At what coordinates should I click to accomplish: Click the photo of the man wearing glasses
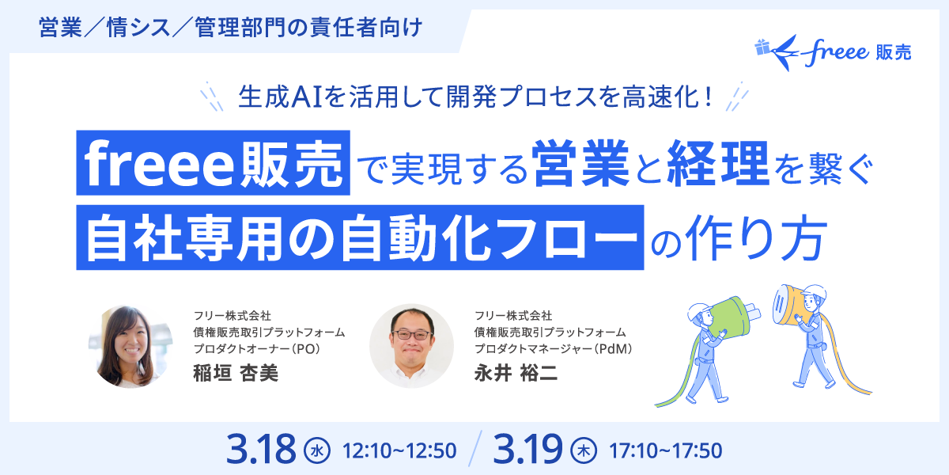point(411,347)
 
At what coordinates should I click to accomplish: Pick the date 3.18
point(260,450)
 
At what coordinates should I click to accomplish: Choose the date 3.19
point(527,450)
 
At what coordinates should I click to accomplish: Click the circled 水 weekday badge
point(316,451)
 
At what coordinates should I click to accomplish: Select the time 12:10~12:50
point(399,451)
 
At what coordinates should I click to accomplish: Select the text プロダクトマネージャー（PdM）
point(556,348)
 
